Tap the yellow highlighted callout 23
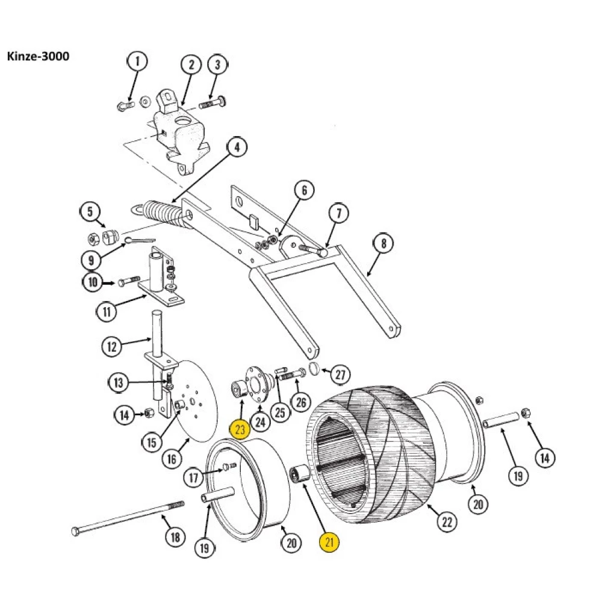(x=240, y=429)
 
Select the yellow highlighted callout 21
(x=329, y=542)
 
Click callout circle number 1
(x=137, y=61)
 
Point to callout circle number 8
(x=383, y=244)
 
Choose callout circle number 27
(x=340, y=374)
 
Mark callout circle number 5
(x=90, y=212)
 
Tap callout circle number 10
(x=93, y=282)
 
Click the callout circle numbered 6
(x=304, y=191)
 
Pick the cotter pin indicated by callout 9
(x=137, y=240)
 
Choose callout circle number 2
(x=191, y=64)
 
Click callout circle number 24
(x=260, y=421)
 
